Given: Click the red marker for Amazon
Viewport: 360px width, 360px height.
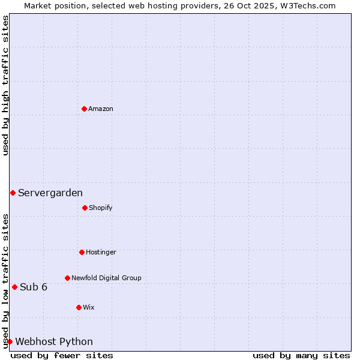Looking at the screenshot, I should pyautogui.click(x=84, y=109).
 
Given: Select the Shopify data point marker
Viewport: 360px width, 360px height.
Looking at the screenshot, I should pyautogui.click(x=85, y=208).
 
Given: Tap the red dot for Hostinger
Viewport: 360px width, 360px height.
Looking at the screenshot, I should pyautogui.click(x=82, y=252).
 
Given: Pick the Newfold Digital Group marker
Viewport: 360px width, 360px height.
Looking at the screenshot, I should pyautogui.click(x=67, y=278).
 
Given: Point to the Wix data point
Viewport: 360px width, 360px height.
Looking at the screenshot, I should pyautogui.click(x=79, y=307).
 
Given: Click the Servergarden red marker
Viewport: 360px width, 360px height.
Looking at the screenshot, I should pyautogui.click(x=13, y=193).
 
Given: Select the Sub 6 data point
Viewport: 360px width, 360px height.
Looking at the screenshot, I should pyautogui.click(x=14, y=287).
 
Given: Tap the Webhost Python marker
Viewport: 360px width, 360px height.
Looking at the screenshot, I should pyautogui.click(x=10, y=341).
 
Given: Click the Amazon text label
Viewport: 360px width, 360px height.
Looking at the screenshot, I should pyautogui.click(x=101, y=109).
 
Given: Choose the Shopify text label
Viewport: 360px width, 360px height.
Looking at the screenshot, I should pyautogui.click(x=101, y=208).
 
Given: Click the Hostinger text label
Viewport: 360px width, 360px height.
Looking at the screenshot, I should pyautogui.click(x=101, y=253).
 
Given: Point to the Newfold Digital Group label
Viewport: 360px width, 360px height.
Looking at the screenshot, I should pyautogui.click(x=106, y=278).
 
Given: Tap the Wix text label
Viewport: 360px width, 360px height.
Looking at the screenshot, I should pyautogui.click(x=89, y=308).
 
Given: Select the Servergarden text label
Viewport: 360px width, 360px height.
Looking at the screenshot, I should pyautogui.click(x=50, y=193).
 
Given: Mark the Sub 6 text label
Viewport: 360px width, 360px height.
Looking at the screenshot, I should pyautogui.click(x=34, y=287).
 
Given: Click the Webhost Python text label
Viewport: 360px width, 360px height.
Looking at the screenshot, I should pyautogui.click(x=54, y=342).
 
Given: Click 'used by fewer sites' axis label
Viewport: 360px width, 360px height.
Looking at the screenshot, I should pyautogui.click(x=62, y=355).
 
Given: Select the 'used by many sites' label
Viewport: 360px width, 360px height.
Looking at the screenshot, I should pyautogui.click(x=301, y=355).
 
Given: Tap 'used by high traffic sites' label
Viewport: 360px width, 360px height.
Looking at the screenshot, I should pyautogui.click(x=5, y=86).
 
